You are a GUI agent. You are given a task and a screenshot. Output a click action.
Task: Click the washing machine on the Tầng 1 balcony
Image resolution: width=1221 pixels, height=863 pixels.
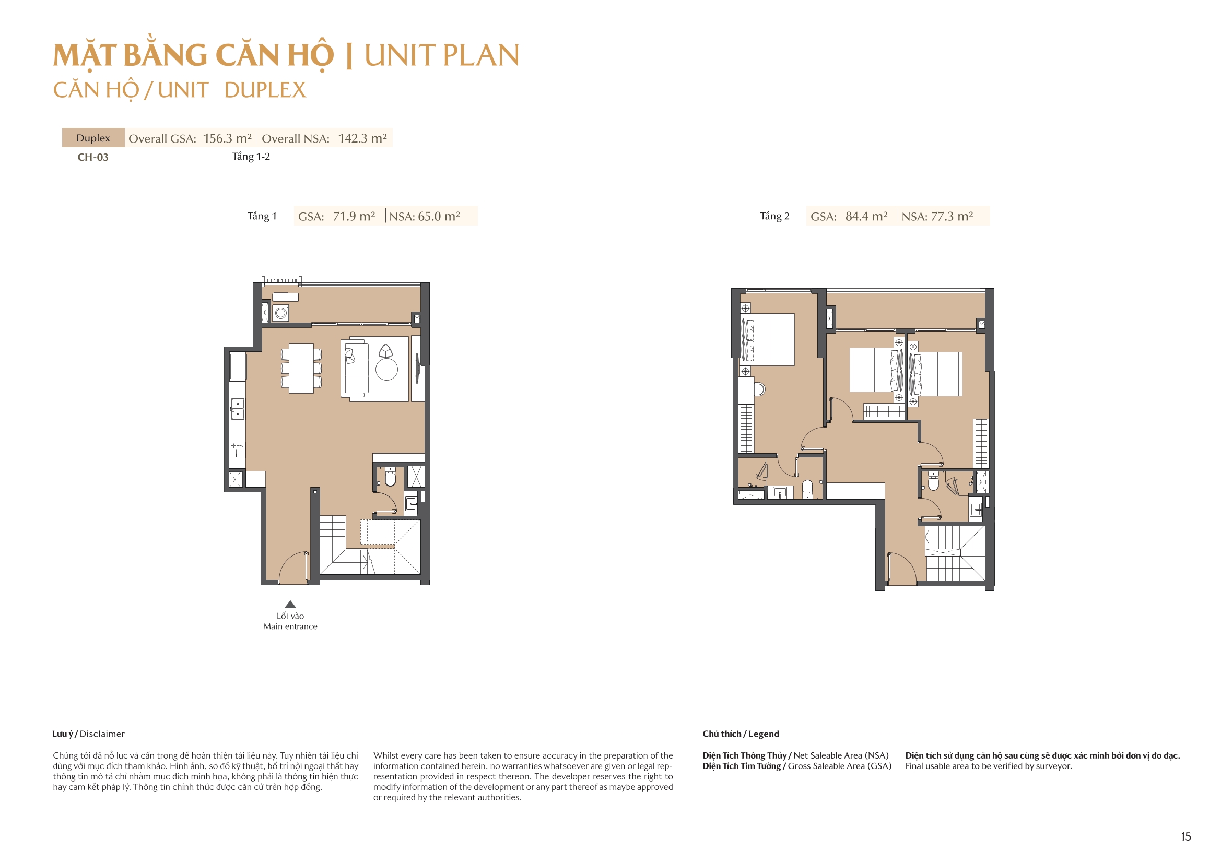tap(281, 313)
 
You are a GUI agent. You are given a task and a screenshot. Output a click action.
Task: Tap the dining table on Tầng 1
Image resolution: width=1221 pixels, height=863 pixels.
tap(301, 368)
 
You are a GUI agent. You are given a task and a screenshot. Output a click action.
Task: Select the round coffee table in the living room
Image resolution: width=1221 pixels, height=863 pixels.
tap(386, 370)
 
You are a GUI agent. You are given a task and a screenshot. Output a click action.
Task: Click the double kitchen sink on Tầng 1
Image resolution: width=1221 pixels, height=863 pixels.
tap(237, 409)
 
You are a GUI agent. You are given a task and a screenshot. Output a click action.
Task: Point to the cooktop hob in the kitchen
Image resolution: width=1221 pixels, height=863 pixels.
tap(237, 450)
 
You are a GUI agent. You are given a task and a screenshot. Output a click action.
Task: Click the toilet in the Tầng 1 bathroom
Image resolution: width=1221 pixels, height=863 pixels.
tap(390, 478)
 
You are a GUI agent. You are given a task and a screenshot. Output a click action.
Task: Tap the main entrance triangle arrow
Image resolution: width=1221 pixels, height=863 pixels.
tap(290, 604)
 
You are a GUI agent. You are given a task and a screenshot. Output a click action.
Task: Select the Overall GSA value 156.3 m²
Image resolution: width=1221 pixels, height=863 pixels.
tap(227, 138)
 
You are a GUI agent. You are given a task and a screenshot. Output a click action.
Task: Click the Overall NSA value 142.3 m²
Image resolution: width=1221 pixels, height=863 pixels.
tap(362, 138)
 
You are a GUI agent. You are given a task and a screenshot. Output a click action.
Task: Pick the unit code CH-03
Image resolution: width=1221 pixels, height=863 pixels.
tap(93, 157)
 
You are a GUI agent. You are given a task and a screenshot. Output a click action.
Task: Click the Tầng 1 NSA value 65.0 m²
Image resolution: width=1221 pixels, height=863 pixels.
tap(438, 217)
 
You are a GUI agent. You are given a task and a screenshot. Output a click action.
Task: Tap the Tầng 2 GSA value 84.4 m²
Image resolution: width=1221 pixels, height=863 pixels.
tap(866, 217)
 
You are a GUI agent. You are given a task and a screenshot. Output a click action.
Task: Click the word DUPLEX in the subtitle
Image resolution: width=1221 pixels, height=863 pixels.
tap(265, 90)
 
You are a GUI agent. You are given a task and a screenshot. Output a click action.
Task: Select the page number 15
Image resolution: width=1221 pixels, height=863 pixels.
tap(1185, 836)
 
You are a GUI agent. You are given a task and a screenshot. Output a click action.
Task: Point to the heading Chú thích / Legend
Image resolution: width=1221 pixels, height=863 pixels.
tap(740, 734)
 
